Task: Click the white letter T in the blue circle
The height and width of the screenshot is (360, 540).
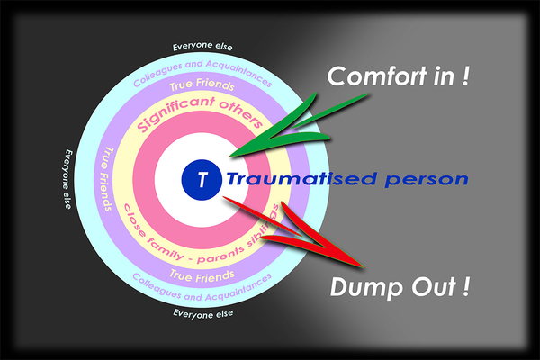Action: [x=202, y=179]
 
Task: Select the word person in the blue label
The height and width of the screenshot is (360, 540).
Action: [x=427, y=180]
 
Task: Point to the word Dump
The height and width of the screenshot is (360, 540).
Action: [x=367, y=286]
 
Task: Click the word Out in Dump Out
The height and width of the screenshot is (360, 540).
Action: [x=434, y=286]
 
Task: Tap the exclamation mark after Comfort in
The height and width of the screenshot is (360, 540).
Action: [x=465, y=76]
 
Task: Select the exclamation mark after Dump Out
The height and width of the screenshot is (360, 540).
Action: [x=465, y=286]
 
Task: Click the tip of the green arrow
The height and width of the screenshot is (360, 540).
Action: [x=230, y=157]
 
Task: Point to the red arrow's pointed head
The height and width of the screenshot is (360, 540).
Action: [x=364, y=266]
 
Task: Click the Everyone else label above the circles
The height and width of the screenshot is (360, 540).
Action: [x=202, y=47]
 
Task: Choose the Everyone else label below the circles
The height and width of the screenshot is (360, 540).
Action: [x=202, y=314]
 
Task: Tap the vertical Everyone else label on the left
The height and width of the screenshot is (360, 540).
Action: [x=67, y=179]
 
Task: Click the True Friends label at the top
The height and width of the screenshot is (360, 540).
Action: [x=202, y=85]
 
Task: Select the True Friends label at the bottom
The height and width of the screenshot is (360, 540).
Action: [x=202, y=276]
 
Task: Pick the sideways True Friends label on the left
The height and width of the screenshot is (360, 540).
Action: [x=105, y=179]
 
